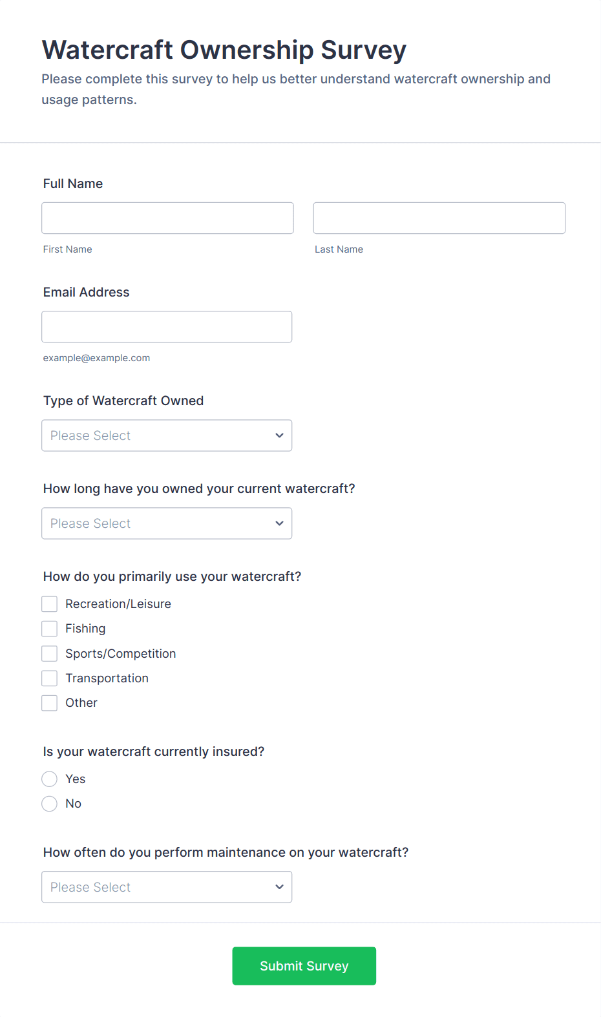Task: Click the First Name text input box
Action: point(167,218)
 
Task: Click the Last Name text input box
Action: point(439,218)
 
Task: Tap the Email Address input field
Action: point(167,326)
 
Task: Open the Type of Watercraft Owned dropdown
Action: point(167,435)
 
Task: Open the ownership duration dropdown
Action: point(167,523)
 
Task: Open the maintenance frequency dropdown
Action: point(167,887)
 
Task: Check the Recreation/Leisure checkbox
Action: point(50,604)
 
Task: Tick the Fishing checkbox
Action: point(50,629)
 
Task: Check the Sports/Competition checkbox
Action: point(50,654)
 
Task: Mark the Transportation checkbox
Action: point(50,678)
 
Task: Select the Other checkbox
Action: point(50,703)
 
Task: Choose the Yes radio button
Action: point(50,779)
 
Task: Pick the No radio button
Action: point(50,804)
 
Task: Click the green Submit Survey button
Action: point(304,966)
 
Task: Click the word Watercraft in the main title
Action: point(107,50)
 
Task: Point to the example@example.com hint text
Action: point(96,358)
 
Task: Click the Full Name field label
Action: point(73,183)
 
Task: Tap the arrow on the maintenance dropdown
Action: point(279,887)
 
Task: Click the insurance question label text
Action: point(154,751)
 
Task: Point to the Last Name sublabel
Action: point(339,249)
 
